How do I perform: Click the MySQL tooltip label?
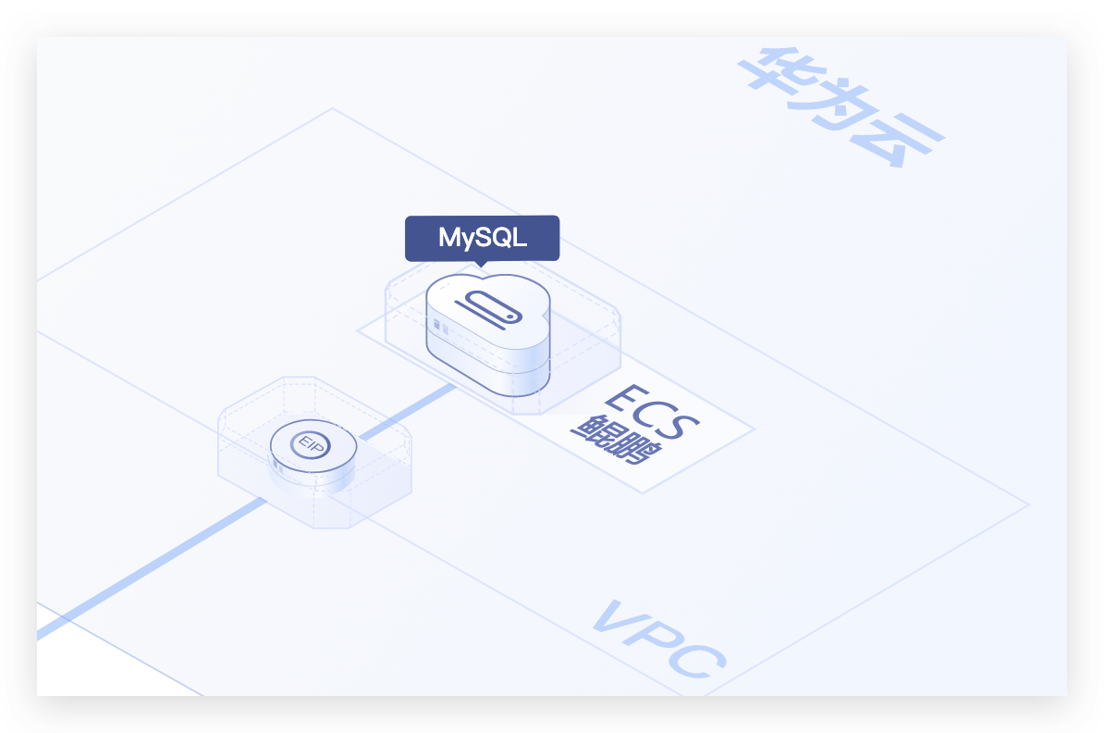tap(482, 238)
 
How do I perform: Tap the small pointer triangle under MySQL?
tap(481, 264)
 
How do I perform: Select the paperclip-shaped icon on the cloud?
tap(491, 308)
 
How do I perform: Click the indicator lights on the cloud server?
tap(440, 328)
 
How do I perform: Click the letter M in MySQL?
tap(449, 238)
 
